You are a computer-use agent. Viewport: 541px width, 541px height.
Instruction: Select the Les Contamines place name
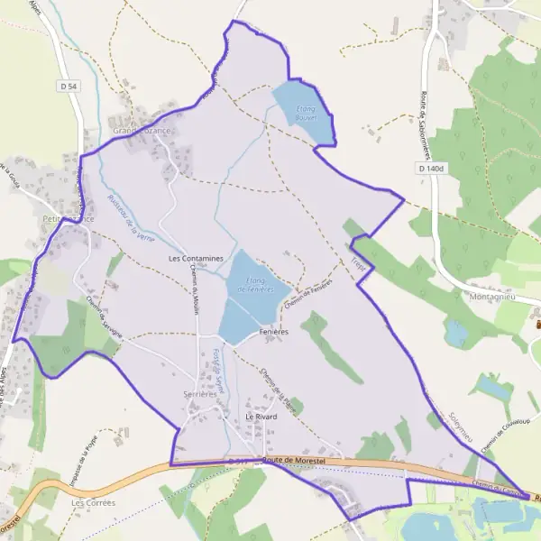point(196,258)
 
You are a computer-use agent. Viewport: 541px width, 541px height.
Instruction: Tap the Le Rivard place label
point(261,417)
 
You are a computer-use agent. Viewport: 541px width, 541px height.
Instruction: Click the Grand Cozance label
point(142,131)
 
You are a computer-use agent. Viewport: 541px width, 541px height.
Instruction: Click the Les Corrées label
point(94,502)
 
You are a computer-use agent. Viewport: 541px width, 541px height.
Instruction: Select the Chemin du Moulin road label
point(194,294)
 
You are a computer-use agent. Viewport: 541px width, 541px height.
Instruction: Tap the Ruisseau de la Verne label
point(131,217)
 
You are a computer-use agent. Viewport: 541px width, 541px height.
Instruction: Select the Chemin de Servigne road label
point(99,314)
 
